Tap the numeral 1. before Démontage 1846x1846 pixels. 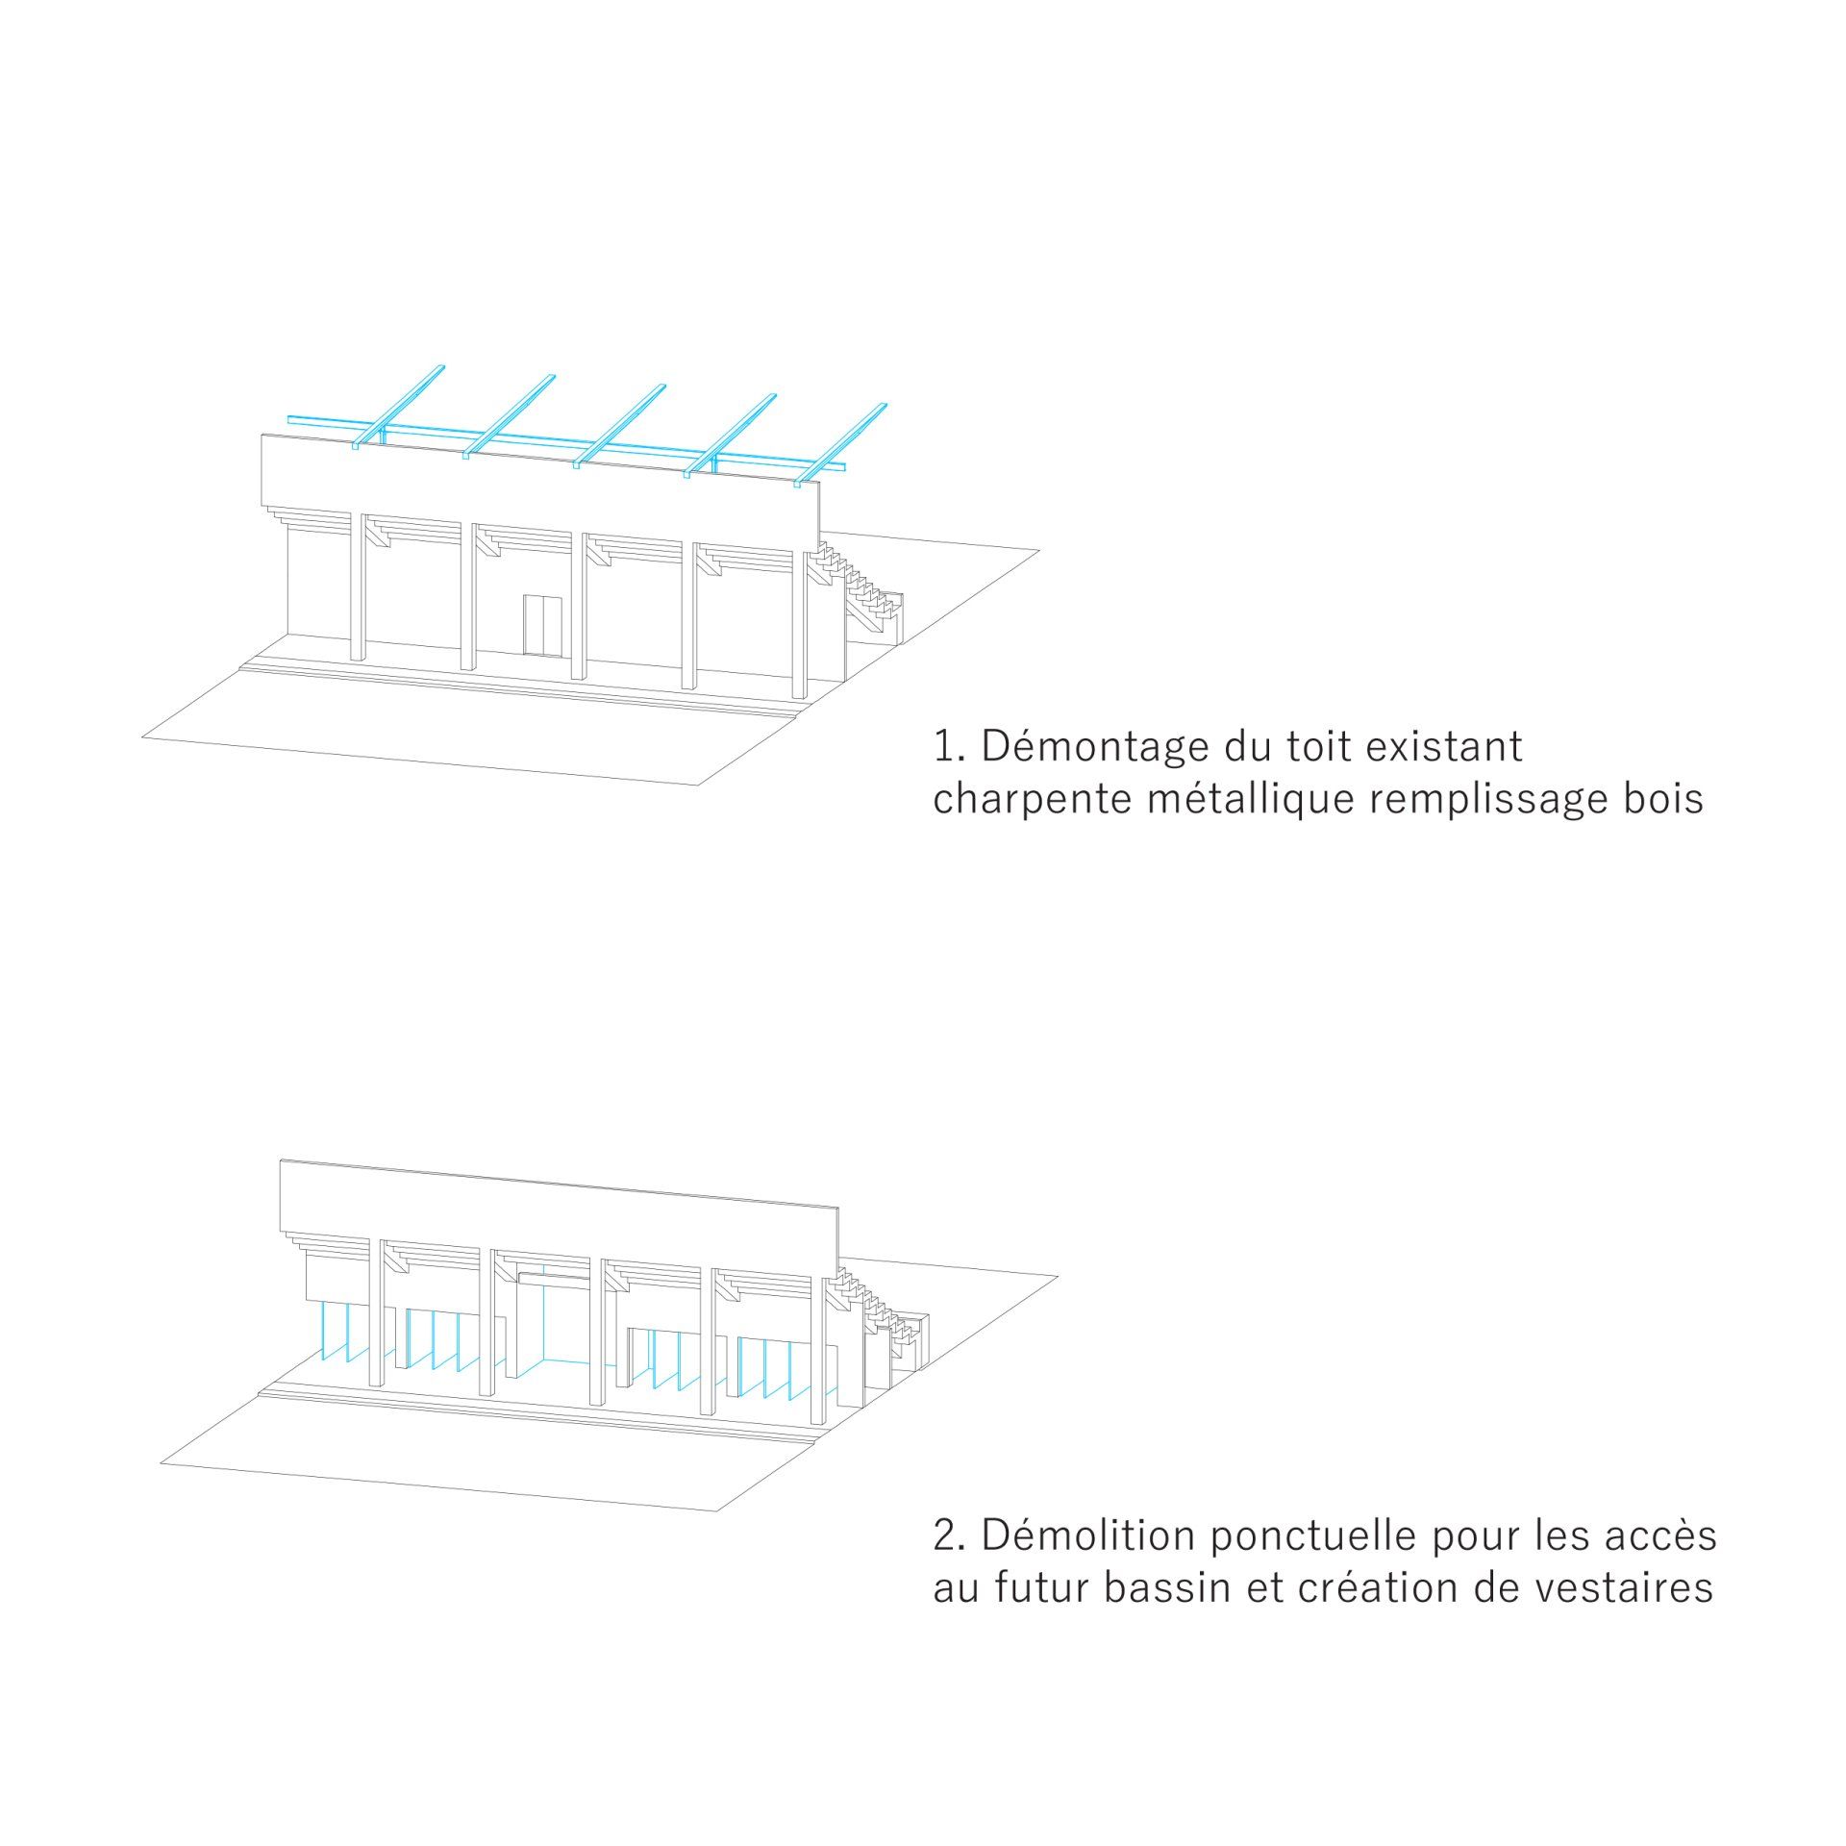[x=948, y=748]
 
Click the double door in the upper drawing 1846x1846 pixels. [x=543, y=625]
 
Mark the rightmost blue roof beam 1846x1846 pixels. [x=841, y=443]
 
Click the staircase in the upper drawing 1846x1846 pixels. [x=865, y=591]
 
